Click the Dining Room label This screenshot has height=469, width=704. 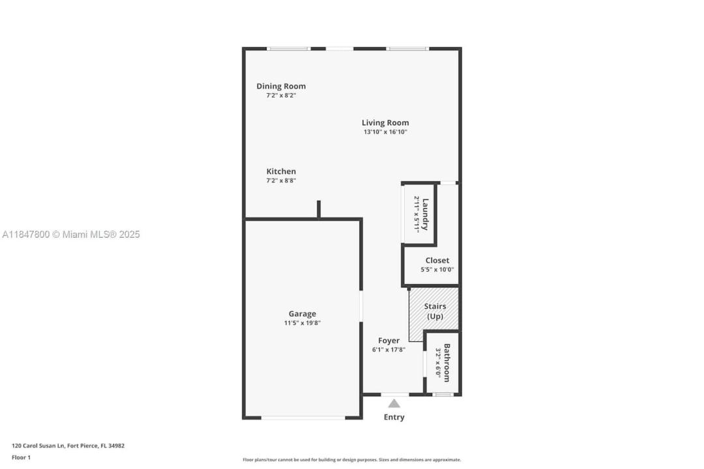[x=281, y=86]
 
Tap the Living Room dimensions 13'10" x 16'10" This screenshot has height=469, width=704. [x=385, y=132]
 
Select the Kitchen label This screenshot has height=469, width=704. [x=281, y=171]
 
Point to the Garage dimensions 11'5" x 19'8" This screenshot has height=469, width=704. [x=302, y=323]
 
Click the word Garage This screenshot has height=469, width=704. [x=302, y=314]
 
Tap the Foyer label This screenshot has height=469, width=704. [x=389, y=341]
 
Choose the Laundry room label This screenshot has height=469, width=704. [x=425, y=214]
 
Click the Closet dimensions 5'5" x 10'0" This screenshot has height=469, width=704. [x=437, y=270]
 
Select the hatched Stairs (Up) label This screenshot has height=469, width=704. [x=435, y=311]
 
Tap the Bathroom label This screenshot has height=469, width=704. [x=447, y=363]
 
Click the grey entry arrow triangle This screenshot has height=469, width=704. [x=394, y=403]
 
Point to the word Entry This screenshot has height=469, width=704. [x=394, y=417]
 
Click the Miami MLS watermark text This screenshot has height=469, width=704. [x=71, y=234]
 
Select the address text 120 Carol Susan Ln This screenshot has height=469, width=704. [x=38, y=446]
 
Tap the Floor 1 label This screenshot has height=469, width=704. [x=21, y=457]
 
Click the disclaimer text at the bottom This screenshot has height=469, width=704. [x=351, y=460]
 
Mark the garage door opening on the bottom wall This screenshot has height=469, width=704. [x=304, y=418]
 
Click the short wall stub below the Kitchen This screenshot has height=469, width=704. [x=319, y=209]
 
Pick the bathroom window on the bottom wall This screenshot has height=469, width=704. [x=443, y=395]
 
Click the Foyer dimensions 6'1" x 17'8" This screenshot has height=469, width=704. [x=389, y=350]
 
